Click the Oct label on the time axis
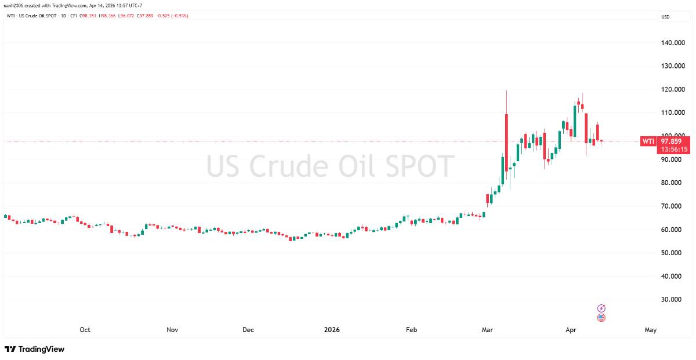point(85,330)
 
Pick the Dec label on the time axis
point(248,330)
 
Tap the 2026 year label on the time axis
point(332,330)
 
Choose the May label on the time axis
point(650,330)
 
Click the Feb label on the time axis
point(411,330)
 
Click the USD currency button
point(665,17)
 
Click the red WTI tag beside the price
point(648,141)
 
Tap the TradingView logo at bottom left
point(35,349)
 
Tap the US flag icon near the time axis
point(601,318)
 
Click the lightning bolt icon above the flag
point(601,308)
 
